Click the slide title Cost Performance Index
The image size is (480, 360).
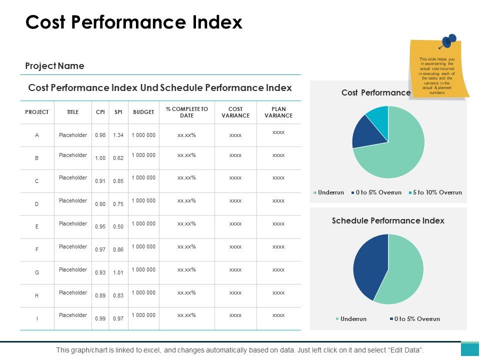[133, 23]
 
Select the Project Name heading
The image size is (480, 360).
[54, 66]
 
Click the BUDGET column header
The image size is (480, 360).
[143, 112]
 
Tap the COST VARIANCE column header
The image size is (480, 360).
[235, 112]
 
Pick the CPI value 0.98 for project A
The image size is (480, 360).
[100, 135]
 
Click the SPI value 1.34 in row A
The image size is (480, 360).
[118, 135]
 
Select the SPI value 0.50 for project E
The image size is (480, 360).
[118, 227]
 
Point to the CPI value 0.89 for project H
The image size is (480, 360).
[100, 296]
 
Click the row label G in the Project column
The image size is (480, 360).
[36, 272]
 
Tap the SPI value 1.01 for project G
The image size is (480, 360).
[118, 273]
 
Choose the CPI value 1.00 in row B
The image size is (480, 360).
[100, 158]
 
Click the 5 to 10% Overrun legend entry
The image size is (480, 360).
[434, 192]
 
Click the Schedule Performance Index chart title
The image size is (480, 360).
[388, 220]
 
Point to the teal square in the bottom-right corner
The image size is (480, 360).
[469, 349]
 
